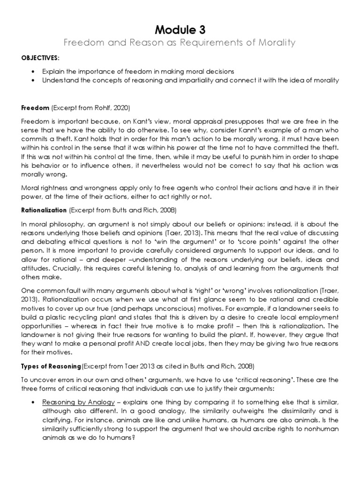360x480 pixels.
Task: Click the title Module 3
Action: click(x=180, y=29)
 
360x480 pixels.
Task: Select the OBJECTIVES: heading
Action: click(x=40, y=57)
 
